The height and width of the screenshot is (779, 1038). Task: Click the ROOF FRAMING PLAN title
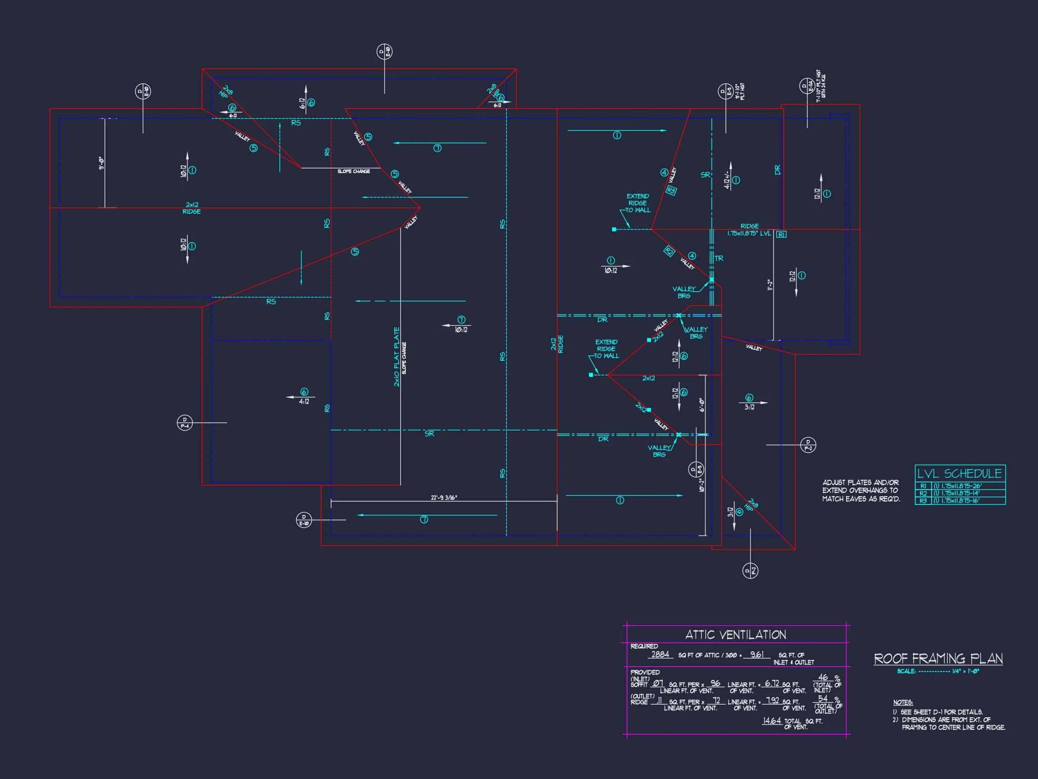point(938,658)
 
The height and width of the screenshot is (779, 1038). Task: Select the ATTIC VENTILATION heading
point(735,635)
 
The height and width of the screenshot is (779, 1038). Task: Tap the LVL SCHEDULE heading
point(959,473)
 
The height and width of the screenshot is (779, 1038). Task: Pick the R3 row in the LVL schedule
point(959,500)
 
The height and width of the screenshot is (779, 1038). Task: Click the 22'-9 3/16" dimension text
point(443,498)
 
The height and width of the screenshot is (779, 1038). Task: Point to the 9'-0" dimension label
point(101,163)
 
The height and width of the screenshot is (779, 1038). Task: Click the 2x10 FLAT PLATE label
point(396,357)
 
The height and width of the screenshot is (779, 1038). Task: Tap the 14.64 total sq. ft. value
point(771,720)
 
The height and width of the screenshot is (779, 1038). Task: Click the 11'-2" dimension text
point(769,284)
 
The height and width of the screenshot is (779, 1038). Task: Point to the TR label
point(719,258)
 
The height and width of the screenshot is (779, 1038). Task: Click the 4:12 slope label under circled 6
point(304,402)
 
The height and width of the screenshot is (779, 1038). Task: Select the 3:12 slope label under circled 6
point(749,407)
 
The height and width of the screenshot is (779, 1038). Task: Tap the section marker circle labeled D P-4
point(185,422)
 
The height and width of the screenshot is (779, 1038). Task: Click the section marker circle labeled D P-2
point(808,444)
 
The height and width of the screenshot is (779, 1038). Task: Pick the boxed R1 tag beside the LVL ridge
point(781,234)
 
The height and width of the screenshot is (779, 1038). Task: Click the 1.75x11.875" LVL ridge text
point(749,234)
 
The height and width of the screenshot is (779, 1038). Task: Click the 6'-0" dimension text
point(702,405)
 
